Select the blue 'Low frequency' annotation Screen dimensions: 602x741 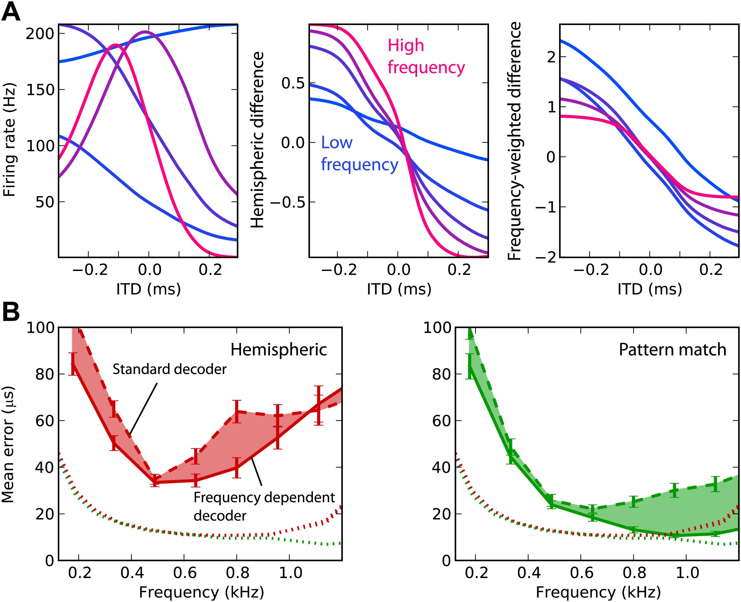(359, 153)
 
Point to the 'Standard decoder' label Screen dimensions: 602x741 (169, 369)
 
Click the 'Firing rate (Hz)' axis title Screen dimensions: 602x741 (9, 140)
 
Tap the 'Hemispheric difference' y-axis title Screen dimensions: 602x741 (257, 140)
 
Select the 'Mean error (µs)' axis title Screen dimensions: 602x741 (8, 444)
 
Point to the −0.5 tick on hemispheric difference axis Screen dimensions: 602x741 (288, 203)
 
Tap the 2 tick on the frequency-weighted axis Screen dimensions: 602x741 (552, 57)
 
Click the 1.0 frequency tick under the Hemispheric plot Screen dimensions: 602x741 (290, 573)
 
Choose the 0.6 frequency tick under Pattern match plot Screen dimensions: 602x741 (581, 573)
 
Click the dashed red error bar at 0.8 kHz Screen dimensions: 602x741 (237, 411)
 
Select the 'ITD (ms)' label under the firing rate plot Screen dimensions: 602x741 (148, 289)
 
